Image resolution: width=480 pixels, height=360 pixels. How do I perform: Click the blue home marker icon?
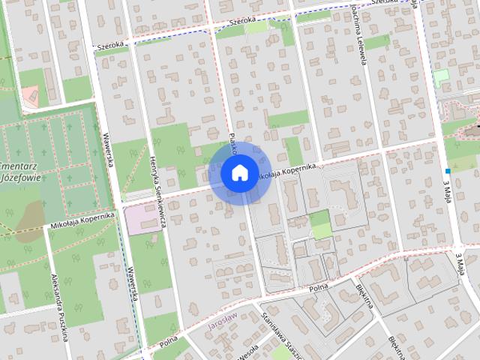click(x=238, y=172)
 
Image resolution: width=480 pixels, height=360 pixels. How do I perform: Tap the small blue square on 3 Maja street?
click(x=447, y=170)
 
